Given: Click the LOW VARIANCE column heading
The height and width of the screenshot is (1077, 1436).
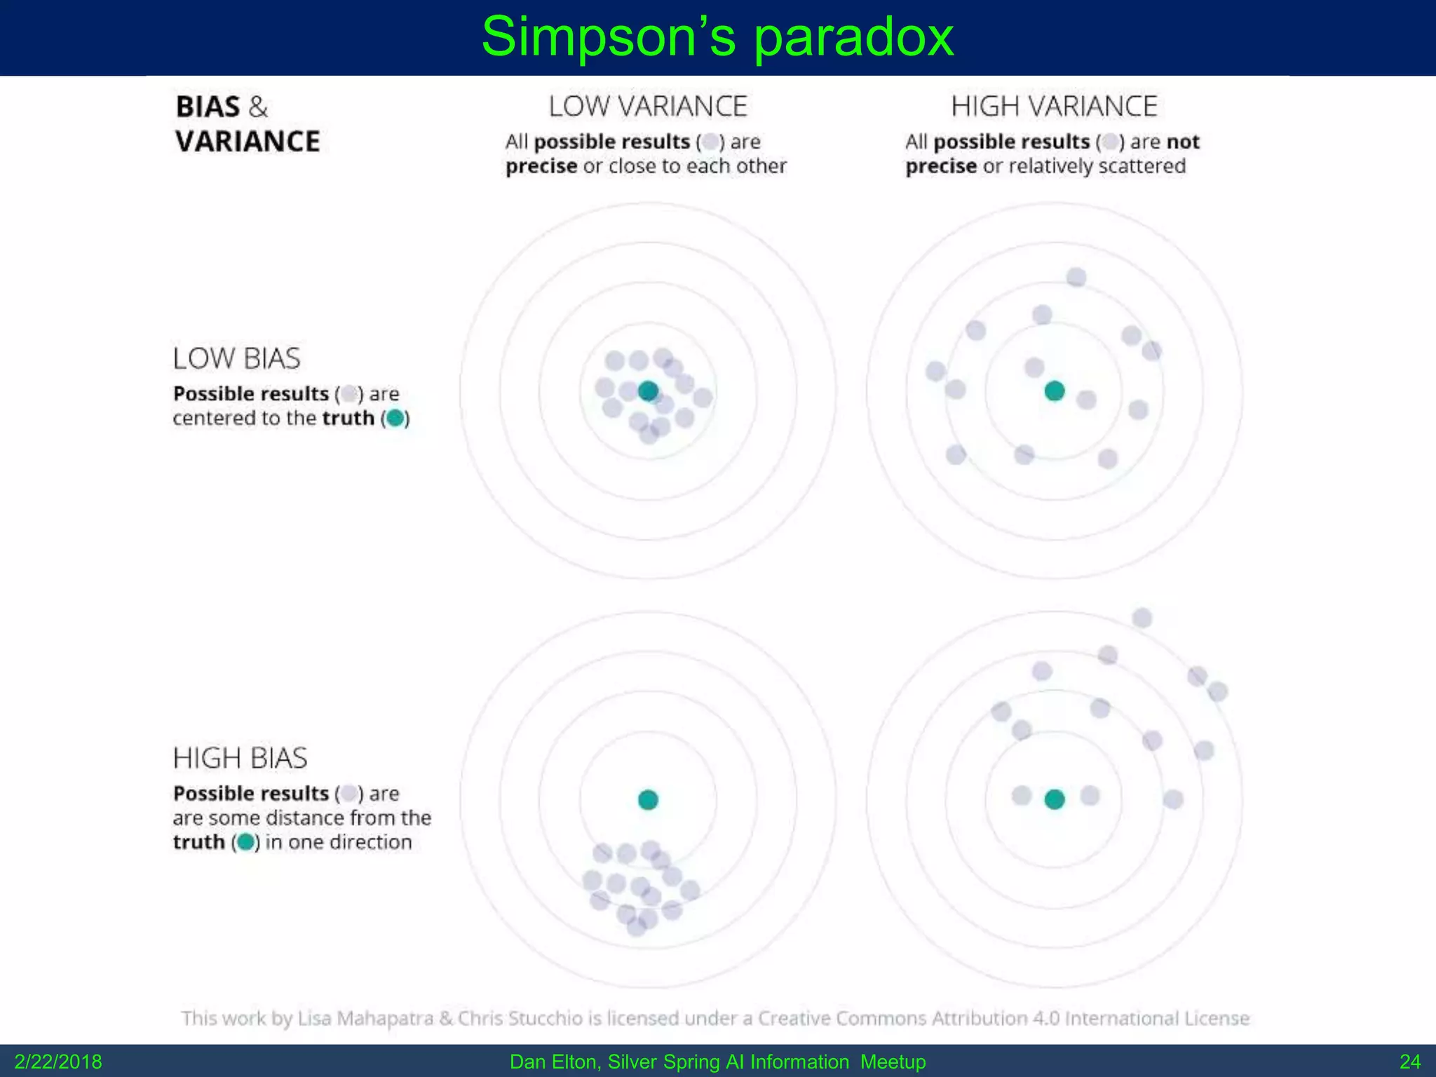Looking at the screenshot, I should pyautogui.click(x=648, y=107).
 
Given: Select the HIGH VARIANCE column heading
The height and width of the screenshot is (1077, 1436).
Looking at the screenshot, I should pyautogui.click(x=1054, y=107).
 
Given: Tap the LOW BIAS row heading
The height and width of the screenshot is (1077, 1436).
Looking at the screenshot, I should pyautogui.click(x=236, y=358).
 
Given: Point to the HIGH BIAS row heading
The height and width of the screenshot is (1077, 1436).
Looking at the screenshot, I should pyautogui.click(x=240, y=758).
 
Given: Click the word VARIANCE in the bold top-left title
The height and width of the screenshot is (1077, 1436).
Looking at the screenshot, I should pyautogui.click(x=248, y=142).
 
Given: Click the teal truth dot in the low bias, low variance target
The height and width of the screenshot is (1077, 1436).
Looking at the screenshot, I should pyautogui.click(x=648, y=391).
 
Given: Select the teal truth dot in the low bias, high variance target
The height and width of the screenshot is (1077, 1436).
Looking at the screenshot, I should pyautogui.click(x=1055, y=391).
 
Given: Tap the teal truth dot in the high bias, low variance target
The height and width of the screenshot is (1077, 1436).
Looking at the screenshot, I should pyautogui.click(x=648, y=799).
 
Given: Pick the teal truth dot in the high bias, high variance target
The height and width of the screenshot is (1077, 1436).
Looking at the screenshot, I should pyautogui.click(x=1055, y=799).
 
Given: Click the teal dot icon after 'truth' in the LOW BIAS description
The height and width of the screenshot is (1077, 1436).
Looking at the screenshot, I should pyautogui.click(x=395, y=419).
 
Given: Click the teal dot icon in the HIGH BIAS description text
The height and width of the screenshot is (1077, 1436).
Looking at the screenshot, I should pyautogui.click(x=245, y=842).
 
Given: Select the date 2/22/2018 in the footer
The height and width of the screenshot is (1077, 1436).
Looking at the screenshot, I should pyautogui.click(x=58, y=1062).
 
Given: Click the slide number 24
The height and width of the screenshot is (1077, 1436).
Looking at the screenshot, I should pyautogui.click(x=1410, y=1062).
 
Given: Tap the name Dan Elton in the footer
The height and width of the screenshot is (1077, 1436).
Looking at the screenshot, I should pyautogui.click(x=554, y=1062).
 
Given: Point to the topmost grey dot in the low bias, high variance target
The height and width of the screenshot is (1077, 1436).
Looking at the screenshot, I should pyautogui.click(x=1076, y=278).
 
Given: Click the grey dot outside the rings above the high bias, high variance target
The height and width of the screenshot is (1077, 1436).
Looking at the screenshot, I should pyautogui.click(x=1142, y=618).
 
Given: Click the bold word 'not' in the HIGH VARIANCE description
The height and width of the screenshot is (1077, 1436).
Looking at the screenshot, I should pyautogui.click(x=1183, y=142).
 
